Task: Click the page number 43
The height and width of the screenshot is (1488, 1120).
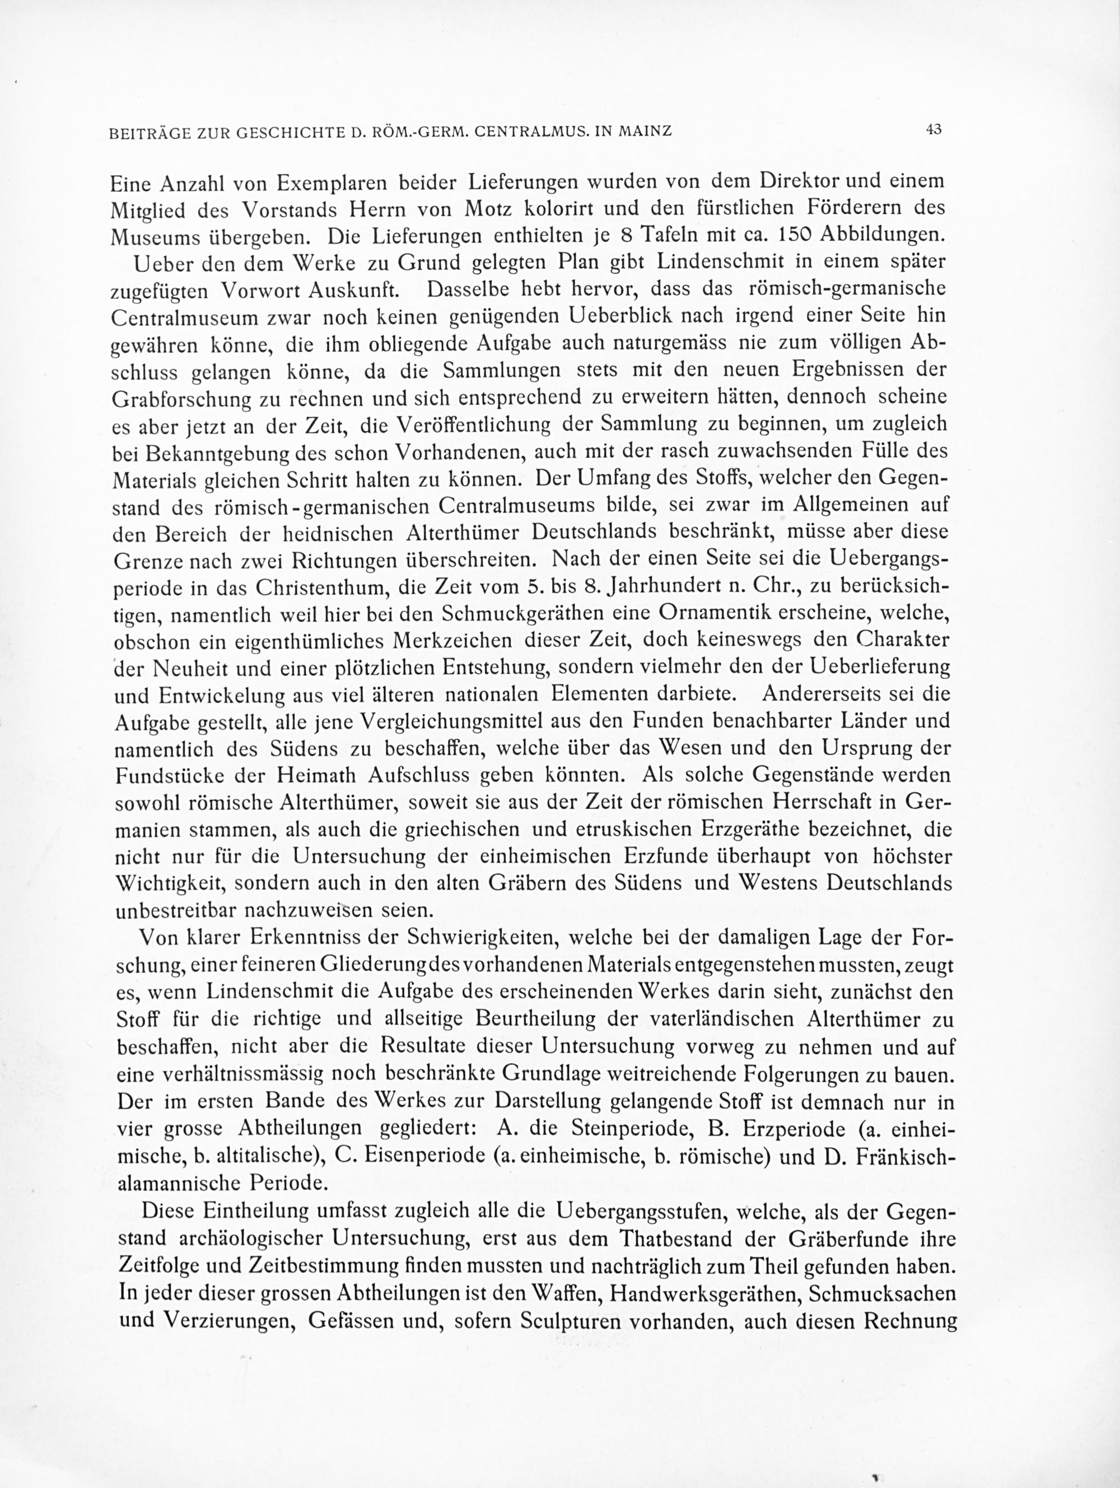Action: click(933, 130)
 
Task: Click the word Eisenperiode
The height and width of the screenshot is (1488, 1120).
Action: click(421, 1155)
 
